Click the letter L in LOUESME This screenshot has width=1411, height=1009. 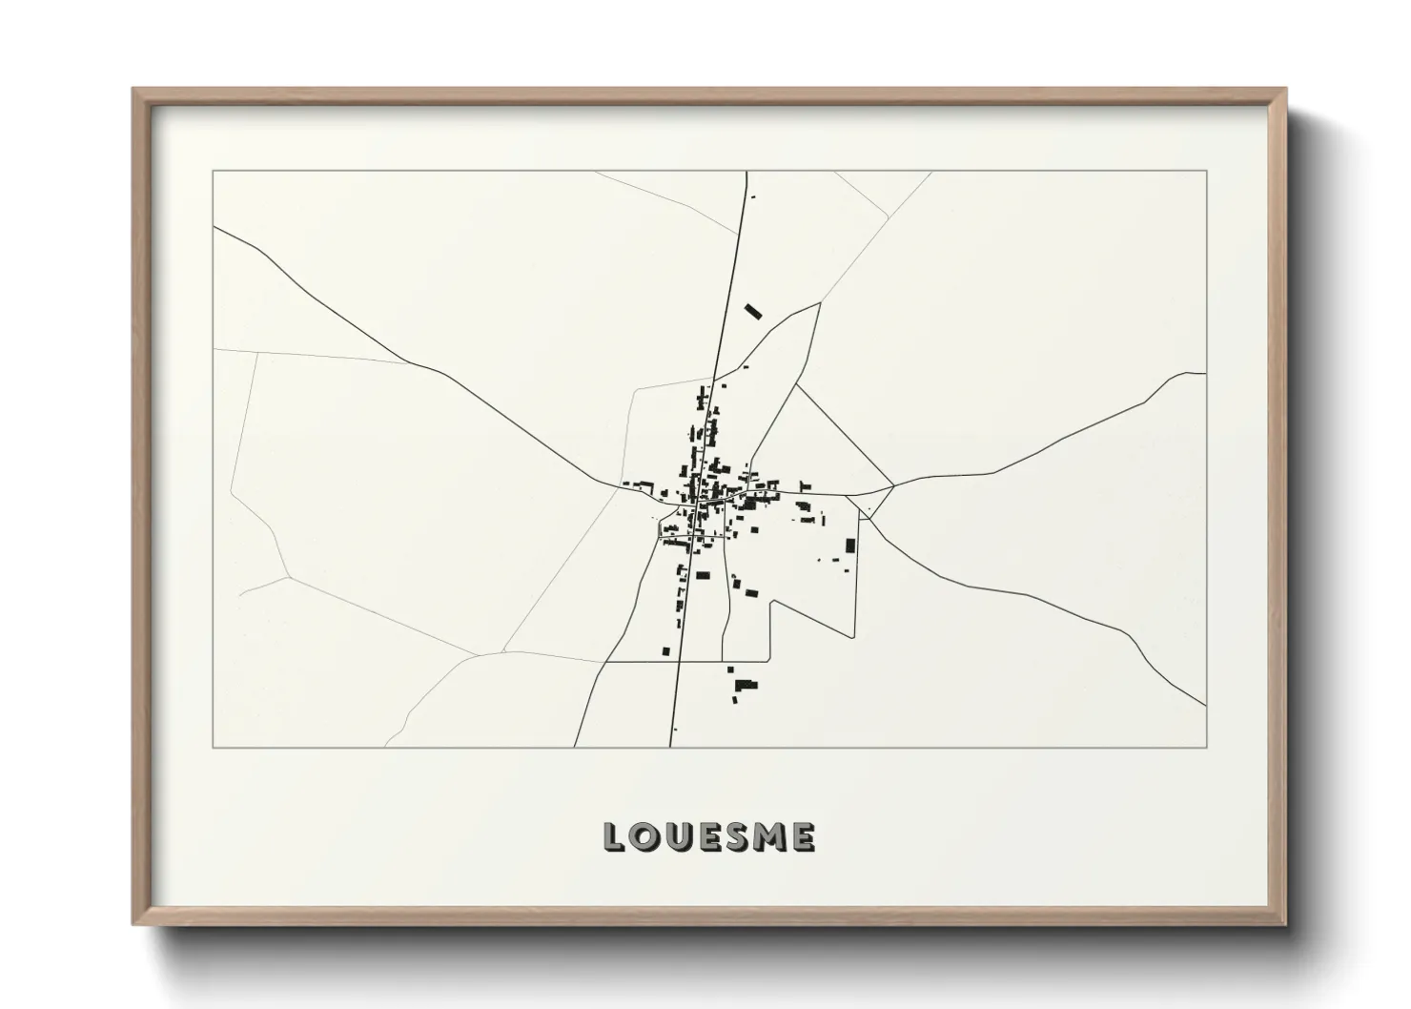point(613,837)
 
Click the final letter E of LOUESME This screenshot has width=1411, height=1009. point(803,837)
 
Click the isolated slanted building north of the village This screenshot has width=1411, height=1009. point(754,311)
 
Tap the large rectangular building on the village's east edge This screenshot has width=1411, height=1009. point(850,546)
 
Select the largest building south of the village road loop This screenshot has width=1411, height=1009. point(745,684)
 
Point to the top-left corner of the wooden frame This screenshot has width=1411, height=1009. point(134,91)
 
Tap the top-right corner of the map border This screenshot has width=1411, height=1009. point(1206,172)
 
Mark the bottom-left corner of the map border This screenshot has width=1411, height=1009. point(214,747)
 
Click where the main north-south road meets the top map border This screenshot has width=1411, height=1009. point(746,172)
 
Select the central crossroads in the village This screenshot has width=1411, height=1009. point(702,498)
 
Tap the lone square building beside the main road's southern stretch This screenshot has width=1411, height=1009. point(665,651)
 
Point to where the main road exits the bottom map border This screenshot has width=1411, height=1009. point(670,747)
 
